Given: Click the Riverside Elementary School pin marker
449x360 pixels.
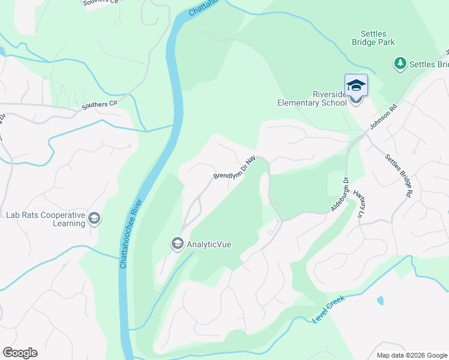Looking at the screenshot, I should [x=355, y=86].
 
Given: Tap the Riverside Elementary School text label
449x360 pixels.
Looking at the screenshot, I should [x=312, y=98].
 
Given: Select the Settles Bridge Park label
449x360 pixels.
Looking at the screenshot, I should [x=373, y=38].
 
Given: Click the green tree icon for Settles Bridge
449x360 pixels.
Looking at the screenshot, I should [x=400, y=63].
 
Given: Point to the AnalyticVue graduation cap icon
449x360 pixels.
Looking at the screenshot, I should [x=177, y=244].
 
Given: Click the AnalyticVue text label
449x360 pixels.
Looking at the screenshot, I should [x=209, y=244].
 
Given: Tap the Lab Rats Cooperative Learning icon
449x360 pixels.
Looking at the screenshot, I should [x=94, y=218].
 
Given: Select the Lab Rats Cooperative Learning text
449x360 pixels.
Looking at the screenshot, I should [x=45, y=219].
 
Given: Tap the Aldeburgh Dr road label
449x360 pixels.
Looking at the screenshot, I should [x=340, y=194].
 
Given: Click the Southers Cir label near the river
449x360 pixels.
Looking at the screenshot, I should [x=99, y=105].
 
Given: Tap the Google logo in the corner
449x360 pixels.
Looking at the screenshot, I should [x=20, y=353].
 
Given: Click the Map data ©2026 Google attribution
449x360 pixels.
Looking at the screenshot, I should [x=412, y=355].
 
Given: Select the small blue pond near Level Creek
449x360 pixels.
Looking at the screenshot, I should [x=380, y=301].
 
